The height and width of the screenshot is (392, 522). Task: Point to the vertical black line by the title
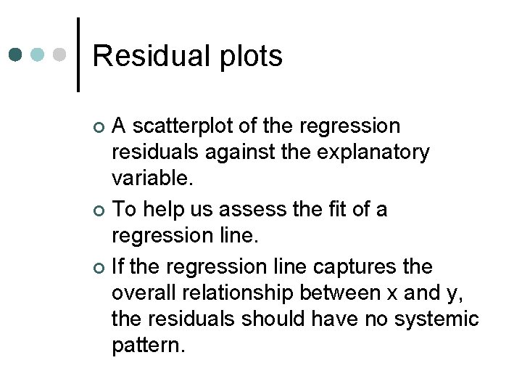[78, 54]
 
